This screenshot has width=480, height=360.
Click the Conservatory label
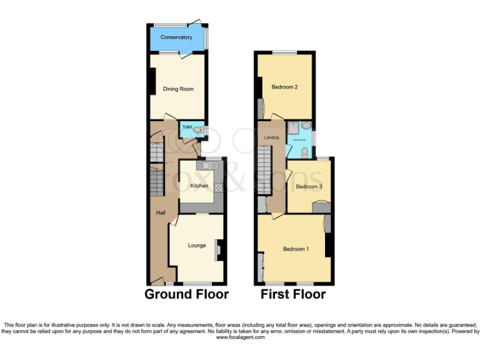point(176,37)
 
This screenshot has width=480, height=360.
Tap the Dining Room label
point(178,89)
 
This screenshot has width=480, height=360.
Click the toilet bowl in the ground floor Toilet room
point(197,130)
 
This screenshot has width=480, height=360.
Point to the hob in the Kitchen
point(219,188)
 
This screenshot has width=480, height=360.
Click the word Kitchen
point(199,186)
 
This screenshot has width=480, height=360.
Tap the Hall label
point(161,213)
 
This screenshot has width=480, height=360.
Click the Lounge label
point(197,245)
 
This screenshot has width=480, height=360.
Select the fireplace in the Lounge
point(219,249)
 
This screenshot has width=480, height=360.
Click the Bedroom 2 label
point(284,87)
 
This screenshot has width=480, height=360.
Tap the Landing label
point(272,137)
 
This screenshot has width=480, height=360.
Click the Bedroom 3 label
point(309,186)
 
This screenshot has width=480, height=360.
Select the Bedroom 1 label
point(296,249)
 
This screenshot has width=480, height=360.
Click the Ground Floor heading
point(186,294)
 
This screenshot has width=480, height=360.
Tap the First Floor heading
point(293,294)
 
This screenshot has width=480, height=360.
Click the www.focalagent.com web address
point(240,337)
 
